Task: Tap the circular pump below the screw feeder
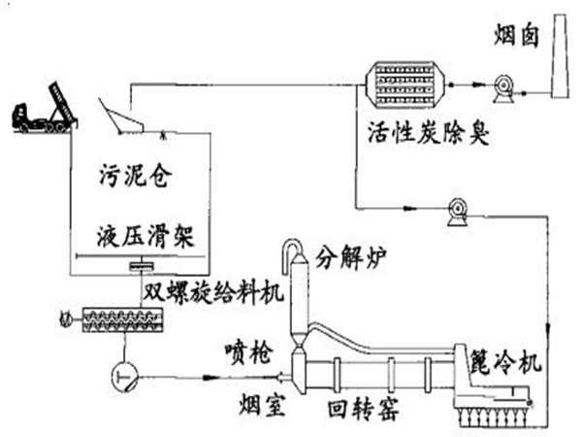(x=122, y=370)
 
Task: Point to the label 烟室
(x=260, y=402)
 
